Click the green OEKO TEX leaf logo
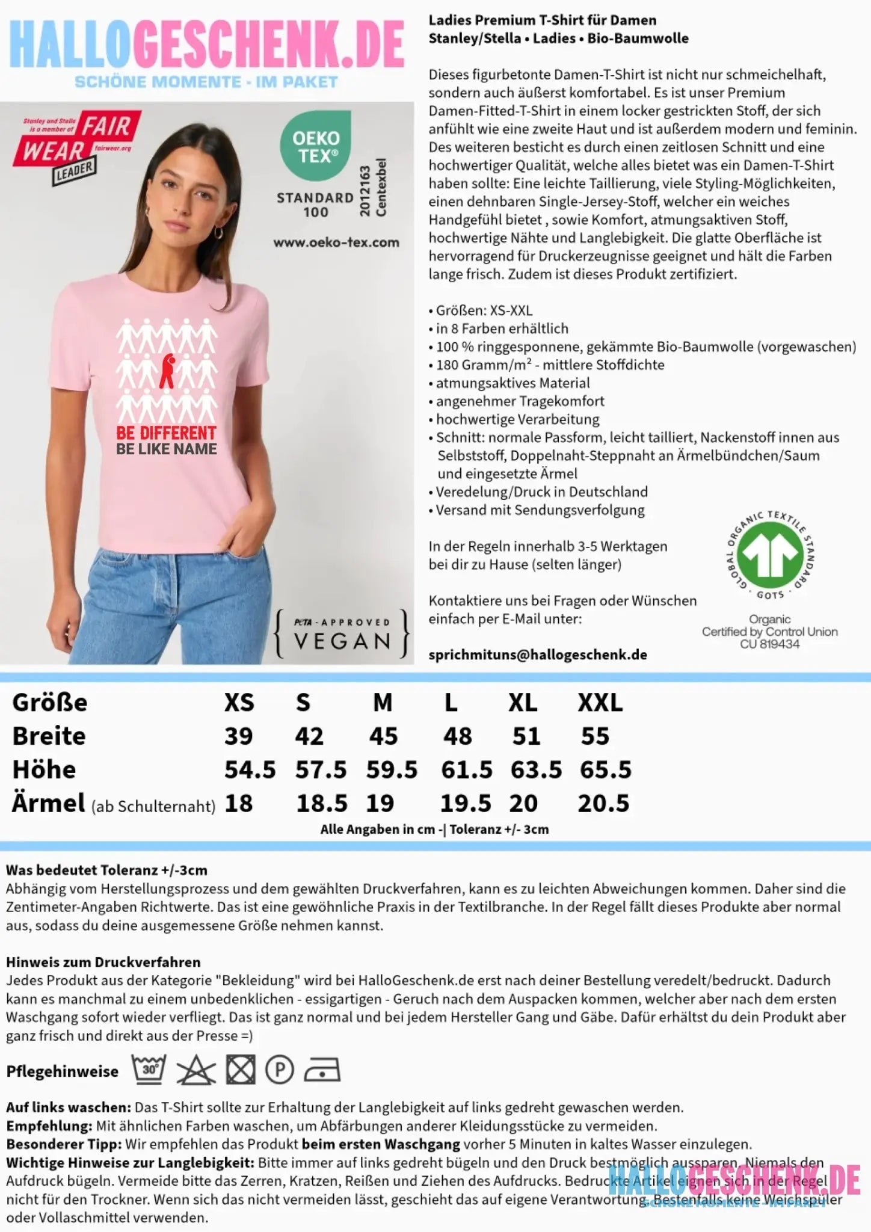pyautogui.click(x=315, y=146)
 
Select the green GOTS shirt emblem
pyautogui.click(x=771, y=552)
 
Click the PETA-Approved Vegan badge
pyautogui.click(x=342, y=633)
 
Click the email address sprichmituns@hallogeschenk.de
pyautogui.click(x=538, y=655)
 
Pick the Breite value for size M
pyautogui.click(x=383, y=736)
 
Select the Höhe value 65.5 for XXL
pyautogui.click(x=605, y=770)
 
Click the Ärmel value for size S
pyautogui.click(x=322, y=804)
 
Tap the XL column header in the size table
pyautogui.click(x=523, y=703)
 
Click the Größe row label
pyautogui.click(x=50, y=703)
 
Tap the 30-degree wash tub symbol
pyautogui.click(x=149, y=1070)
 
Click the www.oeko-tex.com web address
pyautogui.click(x=336, y=242)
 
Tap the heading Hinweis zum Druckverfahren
pyautogui.click(x=103, y=962)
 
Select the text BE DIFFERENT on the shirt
pyautogui.click(x=166, y=433)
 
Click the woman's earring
pyautogui.click(x=218, y=232)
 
